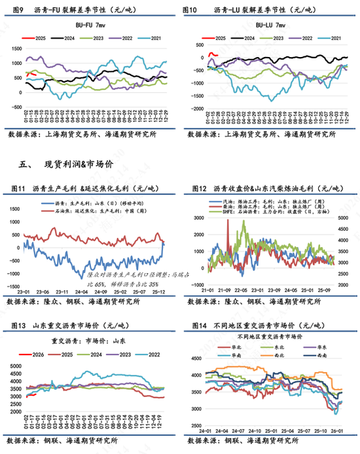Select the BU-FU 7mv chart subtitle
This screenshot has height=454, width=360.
(89, 24)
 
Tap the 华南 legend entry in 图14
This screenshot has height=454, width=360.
(231, 354)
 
